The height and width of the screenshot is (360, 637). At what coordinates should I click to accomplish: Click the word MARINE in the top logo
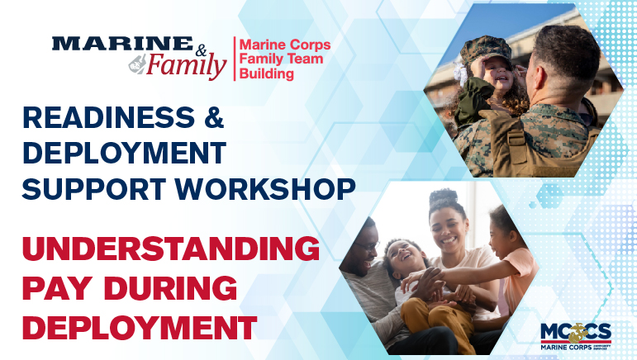click(x=121, y=43)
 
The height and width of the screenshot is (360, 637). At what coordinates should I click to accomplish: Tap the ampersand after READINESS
click(x=212, y=119)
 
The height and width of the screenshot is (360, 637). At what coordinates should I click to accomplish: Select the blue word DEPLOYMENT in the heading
click(x=124, y=154)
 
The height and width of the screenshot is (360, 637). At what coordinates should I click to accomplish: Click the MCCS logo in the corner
click(x=578, y=334)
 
